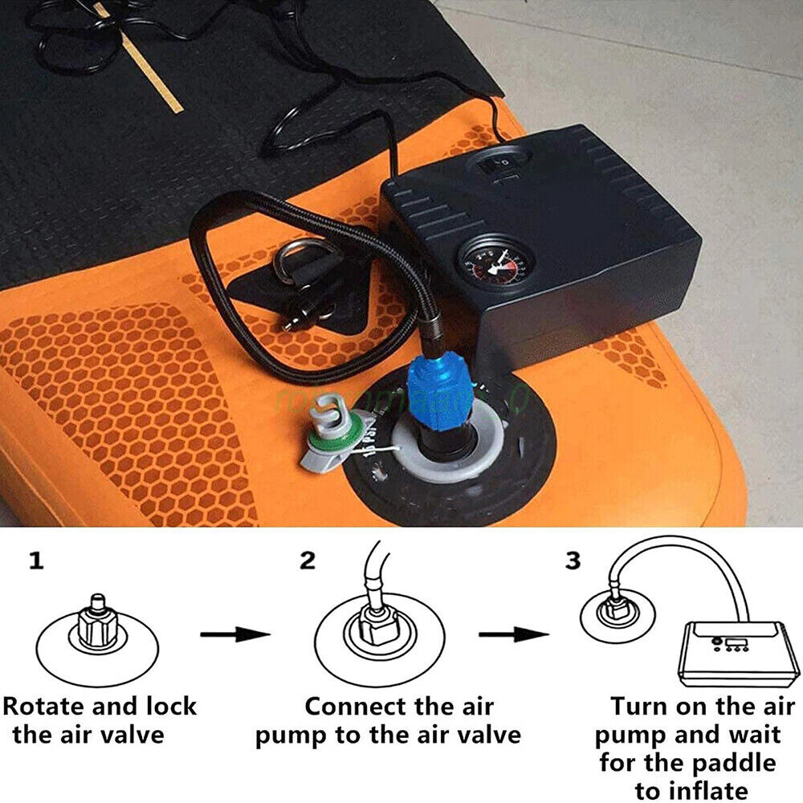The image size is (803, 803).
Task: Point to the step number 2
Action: point(307,561)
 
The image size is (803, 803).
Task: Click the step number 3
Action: point(572,561)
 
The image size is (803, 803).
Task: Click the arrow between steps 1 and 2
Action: point(234,635)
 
